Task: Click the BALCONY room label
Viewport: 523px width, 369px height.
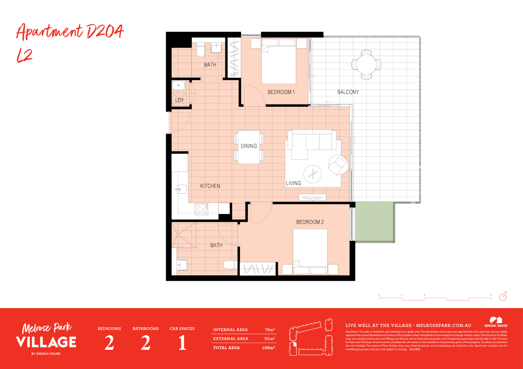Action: click(x=348, y=92)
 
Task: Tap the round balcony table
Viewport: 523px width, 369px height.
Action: click(x=366, y=64)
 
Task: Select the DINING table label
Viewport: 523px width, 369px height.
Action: click(x=249, y=146)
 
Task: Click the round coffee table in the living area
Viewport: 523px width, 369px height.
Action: click(x=312, y=174)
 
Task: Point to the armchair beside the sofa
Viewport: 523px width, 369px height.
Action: click(x=338, y=165)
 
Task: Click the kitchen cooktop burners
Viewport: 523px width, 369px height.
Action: click(x=201, y=209)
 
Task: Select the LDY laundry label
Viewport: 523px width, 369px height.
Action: click(x=179, y=100)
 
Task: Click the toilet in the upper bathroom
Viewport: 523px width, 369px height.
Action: click(x=201, y=50)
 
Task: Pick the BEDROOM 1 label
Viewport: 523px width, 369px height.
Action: click(x=281, y=92)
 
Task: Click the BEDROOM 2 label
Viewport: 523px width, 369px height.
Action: click(x=310, y=222)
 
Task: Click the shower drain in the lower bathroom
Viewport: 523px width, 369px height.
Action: click(x=178, y=235)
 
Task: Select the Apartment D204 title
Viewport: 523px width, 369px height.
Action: click(x=70, y=32)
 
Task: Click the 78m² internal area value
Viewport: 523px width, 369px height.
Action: click(x=270, y=330)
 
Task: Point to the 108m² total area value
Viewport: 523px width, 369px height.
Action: click(x=268, y=347)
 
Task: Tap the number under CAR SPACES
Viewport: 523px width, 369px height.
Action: click(x=182, y=343)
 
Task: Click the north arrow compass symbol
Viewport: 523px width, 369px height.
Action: click(x=503, y=297)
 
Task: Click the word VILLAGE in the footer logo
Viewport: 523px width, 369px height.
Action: click(x=46, y=342)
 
